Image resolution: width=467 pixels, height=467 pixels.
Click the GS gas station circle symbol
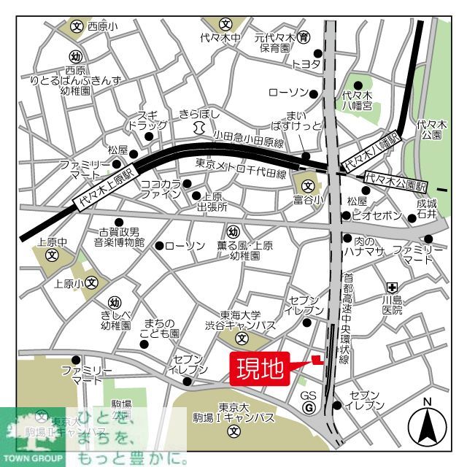309,407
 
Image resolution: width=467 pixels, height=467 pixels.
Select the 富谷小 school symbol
307,185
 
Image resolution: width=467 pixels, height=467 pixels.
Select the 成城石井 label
427,209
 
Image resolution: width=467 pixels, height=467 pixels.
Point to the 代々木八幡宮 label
358,100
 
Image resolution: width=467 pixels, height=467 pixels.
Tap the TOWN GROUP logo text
34,460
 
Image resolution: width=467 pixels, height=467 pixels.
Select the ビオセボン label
377,216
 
